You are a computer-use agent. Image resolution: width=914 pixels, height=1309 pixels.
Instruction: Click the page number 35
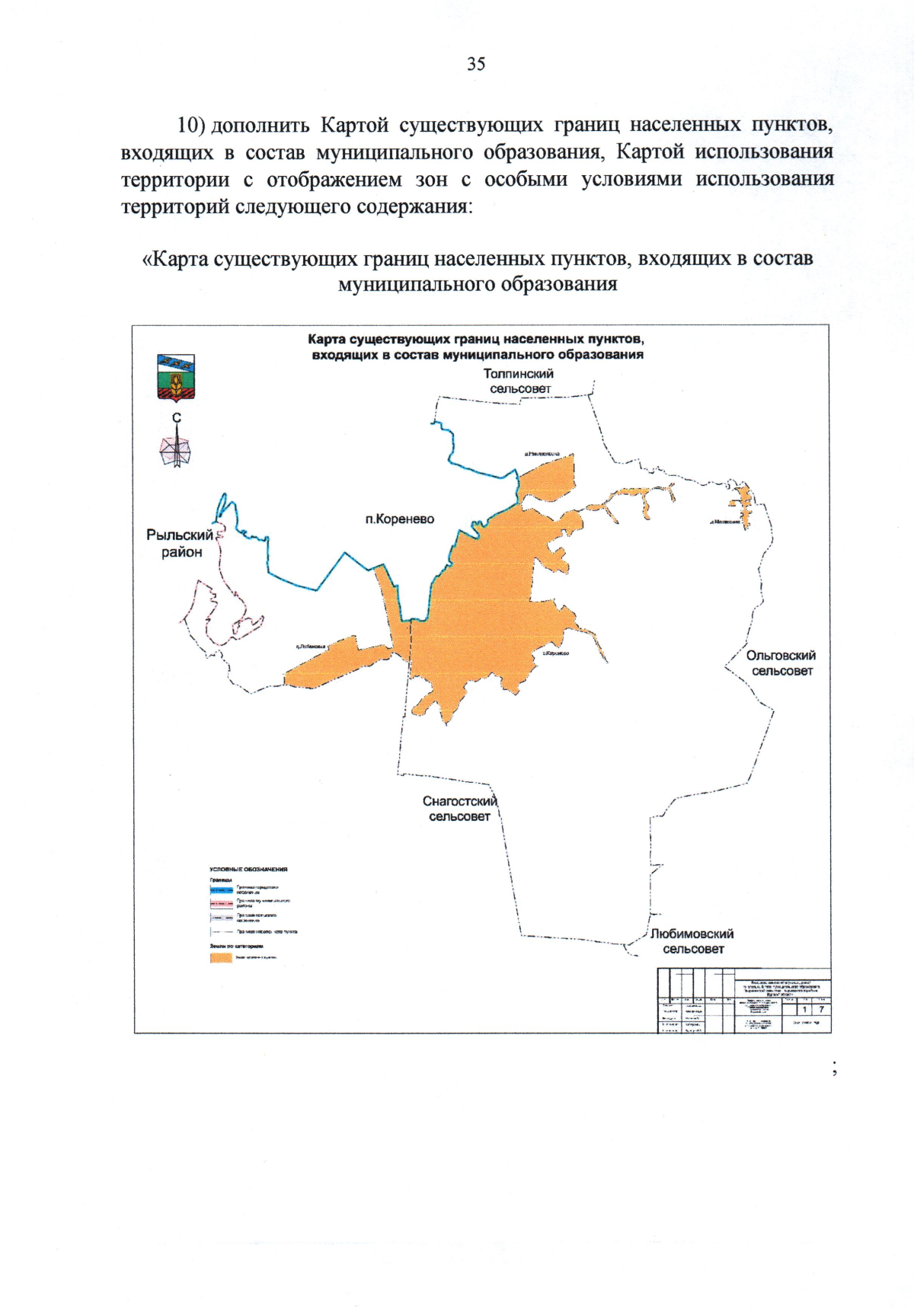click(x=476, y=64)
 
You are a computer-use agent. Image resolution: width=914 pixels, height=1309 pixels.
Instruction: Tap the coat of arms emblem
click(x=175, y=377)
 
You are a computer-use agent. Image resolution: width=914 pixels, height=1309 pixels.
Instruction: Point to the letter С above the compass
click(x=177, y=417)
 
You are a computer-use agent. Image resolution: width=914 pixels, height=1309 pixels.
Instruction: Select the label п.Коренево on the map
click(x=399, y=519)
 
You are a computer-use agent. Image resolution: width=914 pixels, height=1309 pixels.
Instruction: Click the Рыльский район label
click(x=181, y=544)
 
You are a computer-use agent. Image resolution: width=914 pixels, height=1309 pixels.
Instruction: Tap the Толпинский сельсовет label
click(x=519, y=381)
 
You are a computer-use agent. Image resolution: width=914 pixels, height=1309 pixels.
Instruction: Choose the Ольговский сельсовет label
click(x=781, y=663)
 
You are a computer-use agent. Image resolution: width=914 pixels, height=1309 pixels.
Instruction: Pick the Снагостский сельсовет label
click(x=459, y=809)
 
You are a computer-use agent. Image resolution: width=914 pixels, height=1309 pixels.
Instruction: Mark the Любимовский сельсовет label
click(x=692, y=941)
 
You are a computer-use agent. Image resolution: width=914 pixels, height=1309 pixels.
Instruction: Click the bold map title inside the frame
click(x=477, y=346)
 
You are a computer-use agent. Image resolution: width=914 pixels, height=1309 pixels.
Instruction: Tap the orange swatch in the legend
click(x=221, y=957)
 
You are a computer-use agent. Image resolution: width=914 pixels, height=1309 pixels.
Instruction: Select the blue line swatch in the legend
click(x=222, y=889)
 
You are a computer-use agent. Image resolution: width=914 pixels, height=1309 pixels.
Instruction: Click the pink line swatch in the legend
click(x=222, y=904)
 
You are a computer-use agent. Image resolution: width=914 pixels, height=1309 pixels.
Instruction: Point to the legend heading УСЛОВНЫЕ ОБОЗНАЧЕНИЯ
click(x=248, y=869)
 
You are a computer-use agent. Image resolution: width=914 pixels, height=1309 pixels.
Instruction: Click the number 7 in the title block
click(x=822, y=1009)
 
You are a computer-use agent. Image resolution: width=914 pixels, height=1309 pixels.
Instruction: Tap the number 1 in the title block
click(x=804, y=1009)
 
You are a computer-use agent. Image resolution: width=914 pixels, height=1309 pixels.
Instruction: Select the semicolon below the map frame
click(x=836, y=1068)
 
